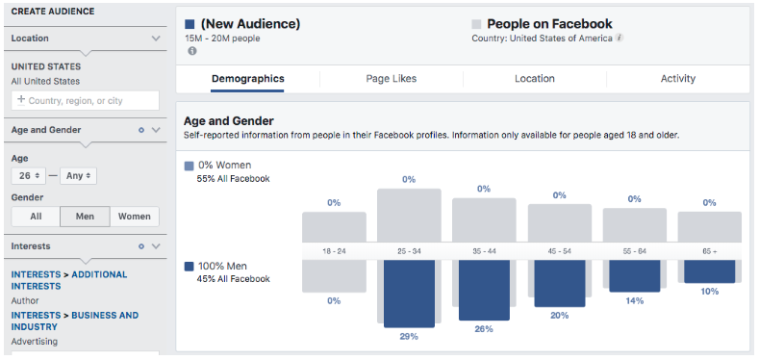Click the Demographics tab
pos(247,79)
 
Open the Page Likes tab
pos(391,79)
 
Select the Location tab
pos(534,79)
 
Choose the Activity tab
pos(677,79)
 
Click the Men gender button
pos(85,217)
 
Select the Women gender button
pos(135,217)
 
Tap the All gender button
pos(36,217)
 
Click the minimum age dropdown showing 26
pos(28,176)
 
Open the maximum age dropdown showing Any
pos(78,176)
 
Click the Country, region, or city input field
pos(86,100)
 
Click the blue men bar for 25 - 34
pos(409,293)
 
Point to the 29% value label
pos(409,336)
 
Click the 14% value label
pos(634,300)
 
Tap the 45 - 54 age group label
pos(559,250)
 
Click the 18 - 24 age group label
pos(334,250)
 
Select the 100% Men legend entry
pos(228,266)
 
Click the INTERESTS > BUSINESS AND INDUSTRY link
pos(75,321)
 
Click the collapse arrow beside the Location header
pos(156,39)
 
